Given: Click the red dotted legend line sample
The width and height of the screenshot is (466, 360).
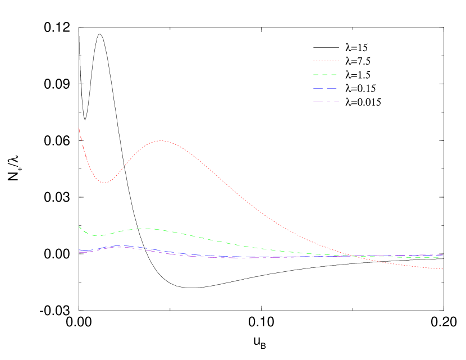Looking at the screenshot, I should click(326, 61).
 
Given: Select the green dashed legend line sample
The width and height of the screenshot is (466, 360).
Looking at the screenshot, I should click(326, 75).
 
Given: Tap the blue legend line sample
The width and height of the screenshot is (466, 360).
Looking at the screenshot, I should click(326, 88).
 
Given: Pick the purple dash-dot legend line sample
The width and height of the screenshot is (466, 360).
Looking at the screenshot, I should click(326, 102).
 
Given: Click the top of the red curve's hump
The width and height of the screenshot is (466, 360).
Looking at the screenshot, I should click(161, 141).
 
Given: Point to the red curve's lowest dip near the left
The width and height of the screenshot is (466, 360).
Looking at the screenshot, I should click(104, 183).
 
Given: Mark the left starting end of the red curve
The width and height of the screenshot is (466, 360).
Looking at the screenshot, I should click(79, 129).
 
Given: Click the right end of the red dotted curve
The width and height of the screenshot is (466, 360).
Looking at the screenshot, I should click(443, 269).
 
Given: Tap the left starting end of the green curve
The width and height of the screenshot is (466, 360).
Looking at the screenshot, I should click(79, 226).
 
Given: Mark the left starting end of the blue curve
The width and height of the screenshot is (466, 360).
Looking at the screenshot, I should click(79, 250).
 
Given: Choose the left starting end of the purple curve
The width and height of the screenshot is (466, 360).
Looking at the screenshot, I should click(79, 252).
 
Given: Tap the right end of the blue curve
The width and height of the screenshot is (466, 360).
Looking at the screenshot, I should click(443, 255).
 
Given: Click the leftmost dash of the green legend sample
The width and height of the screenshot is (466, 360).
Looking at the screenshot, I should click(316, 75).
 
